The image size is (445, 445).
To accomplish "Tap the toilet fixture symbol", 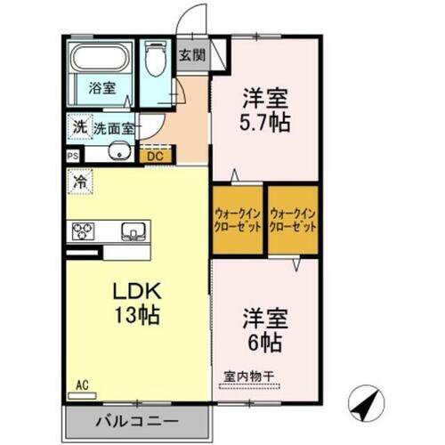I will pos(157,61).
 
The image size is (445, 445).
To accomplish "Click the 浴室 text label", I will pos(101,88).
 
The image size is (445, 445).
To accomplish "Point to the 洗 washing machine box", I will pos(79,127).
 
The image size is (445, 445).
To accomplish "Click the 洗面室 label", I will pos(115,128).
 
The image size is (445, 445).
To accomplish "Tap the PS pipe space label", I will pos(72,153).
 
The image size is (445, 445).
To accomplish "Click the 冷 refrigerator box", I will pos(80,178).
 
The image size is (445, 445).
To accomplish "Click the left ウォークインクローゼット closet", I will pos(238,219).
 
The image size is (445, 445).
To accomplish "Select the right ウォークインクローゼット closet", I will pos(294,219).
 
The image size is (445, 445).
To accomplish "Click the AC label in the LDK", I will pos(82,384).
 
